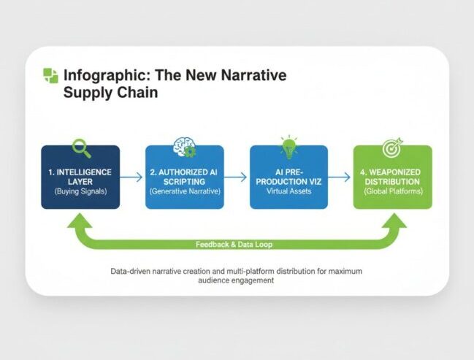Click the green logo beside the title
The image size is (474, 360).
[x=50, y=75]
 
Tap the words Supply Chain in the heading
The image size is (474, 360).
[x=110, y=93]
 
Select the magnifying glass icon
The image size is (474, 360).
[x=81, y=148]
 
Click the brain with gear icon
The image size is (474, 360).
[x=184, y=148]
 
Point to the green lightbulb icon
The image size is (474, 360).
[x=288, y=146]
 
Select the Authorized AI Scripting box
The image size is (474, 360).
[x=184, y=177]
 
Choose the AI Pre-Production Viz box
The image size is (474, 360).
[x=288, y=177]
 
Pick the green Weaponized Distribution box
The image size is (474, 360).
[x=393, y=177]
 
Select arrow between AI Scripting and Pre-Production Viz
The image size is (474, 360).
[x=237, y=177]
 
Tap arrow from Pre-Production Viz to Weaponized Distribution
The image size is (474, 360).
[x=340, y=177]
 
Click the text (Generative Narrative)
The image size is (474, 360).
[x=184, y=191]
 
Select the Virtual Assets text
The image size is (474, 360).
[x=288, y=191]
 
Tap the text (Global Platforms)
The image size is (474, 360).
[x=393, y=191]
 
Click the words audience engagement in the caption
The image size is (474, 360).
[x=237, y=280]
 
